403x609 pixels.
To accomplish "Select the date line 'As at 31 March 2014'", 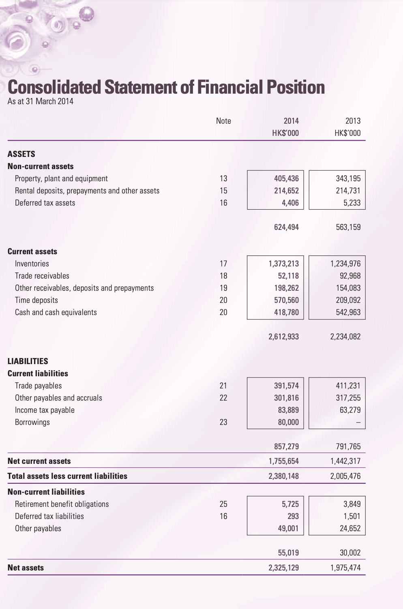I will pyautogui.click(x=41, y=101).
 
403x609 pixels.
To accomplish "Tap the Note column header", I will pyautogui.click(x=223, y=121).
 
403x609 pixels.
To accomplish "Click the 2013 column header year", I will pyautogui.click(x=353, y=121).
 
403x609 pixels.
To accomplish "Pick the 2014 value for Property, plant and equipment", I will pyautogui.click(x=286, y=178).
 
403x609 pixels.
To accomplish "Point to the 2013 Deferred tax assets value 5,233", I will pyautogui.click(x=352, y=203).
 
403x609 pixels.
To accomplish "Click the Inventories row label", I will pyautogui.click(x=32, y=264).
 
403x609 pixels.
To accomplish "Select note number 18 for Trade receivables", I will pyautogui.click(x=223, y=276).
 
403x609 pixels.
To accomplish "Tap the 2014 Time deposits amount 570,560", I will pyautogui.click(x=286, y=300).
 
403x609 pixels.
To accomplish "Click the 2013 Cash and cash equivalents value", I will pyautogui.click(x=348, y=312).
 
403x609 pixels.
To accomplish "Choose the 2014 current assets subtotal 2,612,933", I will pyautogui.click(x=283, y=337).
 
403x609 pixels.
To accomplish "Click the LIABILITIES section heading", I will pyautogui.click(x=28, y=361).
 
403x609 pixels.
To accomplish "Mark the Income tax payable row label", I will pyautogui.click(x=45, y=410).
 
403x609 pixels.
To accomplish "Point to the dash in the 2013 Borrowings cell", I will pyautogui.click(x=358, y=422).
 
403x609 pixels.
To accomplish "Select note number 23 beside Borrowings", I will pyautogui.click(x=223, y=422).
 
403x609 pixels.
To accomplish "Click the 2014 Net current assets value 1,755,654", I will pyautogui.click(x=283, y=461).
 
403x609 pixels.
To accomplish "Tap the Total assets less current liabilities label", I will pyautogui.click(x=67, y=476).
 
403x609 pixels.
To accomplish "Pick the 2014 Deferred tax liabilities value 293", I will pyautogui.click(x=293, y=516).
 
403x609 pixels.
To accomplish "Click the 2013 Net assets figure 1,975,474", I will pyautogui.click(x=345, y=568).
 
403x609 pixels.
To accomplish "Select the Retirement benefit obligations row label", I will pyautogui.click(x=62, y=504).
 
